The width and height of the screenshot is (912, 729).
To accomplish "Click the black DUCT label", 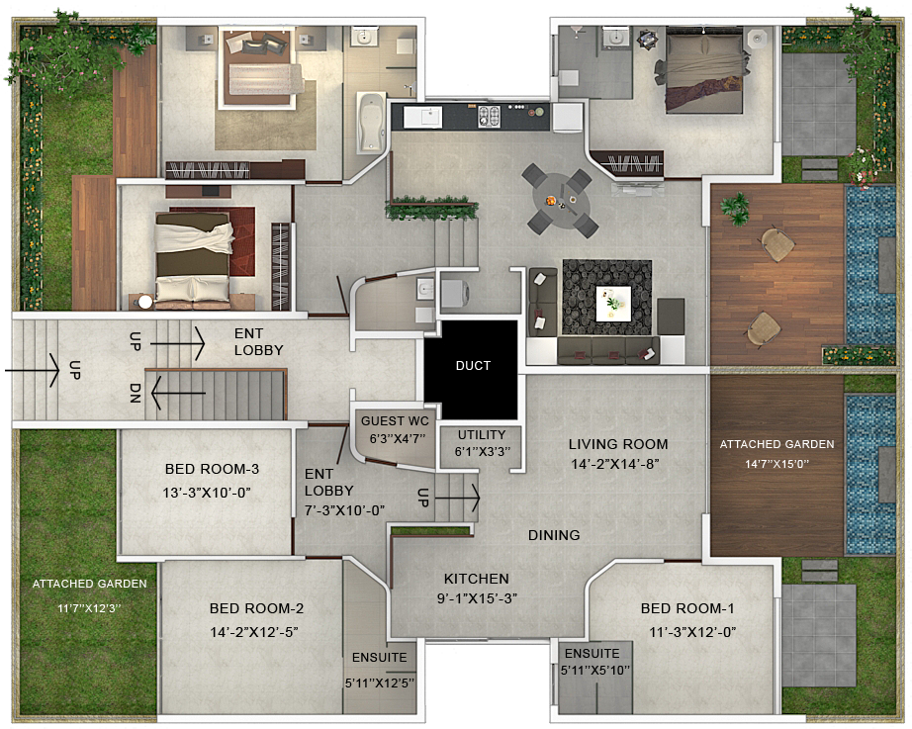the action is click(473, 365).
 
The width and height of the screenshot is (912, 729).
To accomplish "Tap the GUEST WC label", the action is click(395, 420).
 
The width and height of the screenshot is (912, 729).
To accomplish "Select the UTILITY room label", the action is click(481, 434).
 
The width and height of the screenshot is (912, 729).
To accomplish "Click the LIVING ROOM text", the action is click(618, 444).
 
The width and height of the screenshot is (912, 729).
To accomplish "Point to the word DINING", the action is click(554, 535).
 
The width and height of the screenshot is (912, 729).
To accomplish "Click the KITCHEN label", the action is click(477, 579).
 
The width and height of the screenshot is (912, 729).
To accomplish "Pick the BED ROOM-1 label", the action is click(687, 608).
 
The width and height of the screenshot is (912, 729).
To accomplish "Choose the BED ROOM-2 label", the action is click(256, 608).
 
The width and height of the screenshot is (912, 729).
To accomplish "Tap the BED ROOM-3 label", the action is click(212, 469).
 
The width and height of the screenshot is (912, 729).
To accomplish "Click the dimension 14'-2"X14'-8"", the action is click(615, 464).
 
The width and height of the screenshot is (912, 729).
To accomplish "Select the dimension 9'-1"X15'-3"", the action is click(477, 598).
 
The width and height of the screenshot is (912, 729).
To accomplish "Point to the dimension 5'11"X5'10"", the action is click(595, 671).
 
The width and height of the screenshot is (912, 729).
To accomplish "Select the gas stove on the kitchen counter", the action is click(490, 117).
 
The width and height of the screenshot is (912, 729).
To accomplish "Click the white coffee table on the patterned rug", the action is click(613, 303).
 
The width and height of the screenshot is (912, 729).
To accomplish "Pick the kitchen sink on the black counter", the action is click(422, 117).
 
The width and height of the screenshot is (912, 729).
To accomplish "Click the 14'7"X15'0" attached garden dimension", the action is click(777, 464).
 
